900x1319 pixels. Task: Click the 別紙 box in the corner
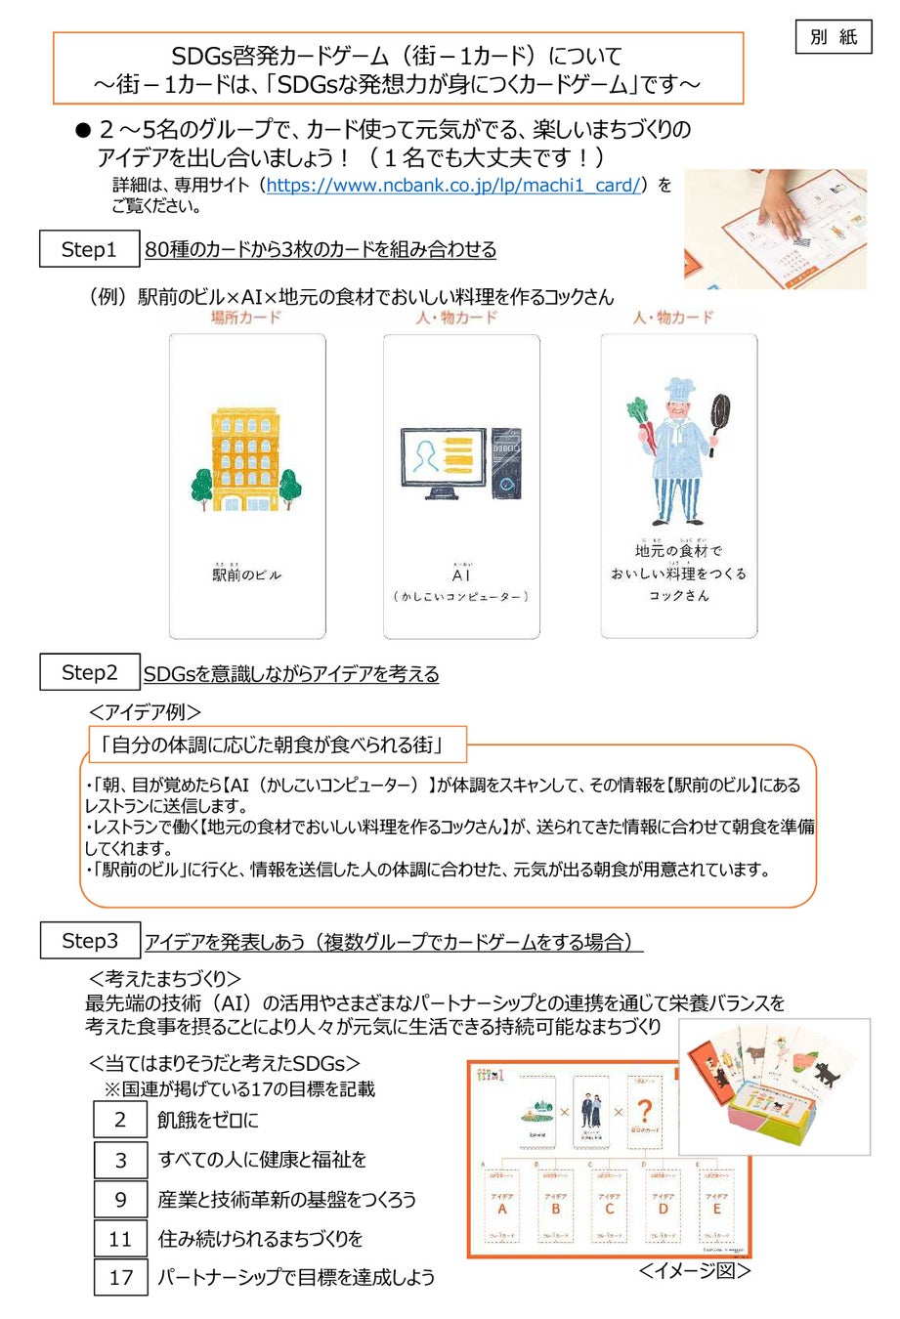pos(833,36)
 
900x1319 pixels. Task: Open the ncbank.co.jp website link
pos(453,185)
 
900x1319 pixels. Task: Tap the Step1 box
pos(89,249)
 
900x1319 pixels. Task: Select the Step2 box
pos(89,672)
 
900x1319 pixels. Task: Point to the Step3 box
pos(90,941)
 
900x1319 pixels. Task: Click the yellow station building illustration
pos(245,459)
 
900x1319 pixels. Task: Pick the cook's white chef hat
pos(678,385)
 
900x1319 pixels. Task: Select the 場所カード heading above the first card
pos(245,318)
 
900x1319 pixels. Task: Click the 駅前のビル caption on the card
pos(246,575)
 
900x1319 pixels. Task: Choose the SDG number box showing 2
pos(120,1120)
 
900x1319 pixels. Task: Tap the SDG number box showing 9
pos(120,1200)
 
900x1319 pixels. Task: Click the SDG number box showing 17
pos(120,1277)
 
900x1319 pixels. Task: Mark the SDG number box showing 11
pos(120,1239)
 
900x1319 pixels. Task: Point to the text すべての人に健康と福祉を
pos(262,1160)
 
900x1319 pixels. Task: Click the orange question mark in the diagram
pos(643,1111)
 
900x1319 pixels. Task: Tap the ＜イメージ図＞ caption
pos(695,1270)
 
